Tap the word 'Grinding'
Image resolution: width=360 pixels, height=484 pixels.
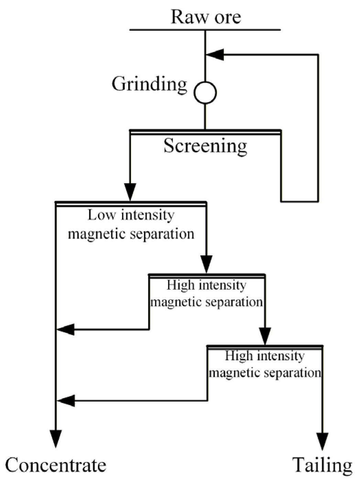coord(149,84)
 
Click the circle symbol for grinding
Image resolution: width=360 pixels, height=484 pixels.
coord(205,92)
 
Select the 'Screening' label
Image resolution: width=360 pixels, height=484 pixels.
coord(205,146)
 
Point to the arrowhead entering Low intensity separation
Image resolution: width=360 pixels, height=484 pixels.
coord(130,192)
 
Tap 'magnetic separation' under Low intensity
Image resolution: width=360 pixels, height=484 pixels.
coord(131,234)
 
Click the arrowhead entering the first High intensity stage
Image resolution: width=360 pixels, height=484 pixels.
coord(206,264)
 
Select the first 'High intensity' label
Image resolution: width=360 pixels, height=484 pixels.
coord(206,285)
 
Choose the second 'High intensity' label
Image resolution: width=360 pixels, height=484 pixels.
coord(265,356)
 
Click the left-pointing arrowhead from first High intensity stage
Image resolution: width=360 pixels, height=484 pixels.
coord(65,329)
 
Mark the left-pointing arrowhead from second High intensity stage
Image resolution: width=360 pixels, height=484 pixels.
coord(65,400)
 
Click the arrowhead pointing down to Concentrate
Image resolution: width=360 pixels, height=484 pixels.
coord(56,439)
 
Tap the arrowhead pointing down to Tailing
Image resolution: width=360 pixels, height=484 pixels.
coord(322,441)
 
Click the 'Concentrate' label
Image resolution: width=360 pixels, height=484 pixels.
coord(56,466)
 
